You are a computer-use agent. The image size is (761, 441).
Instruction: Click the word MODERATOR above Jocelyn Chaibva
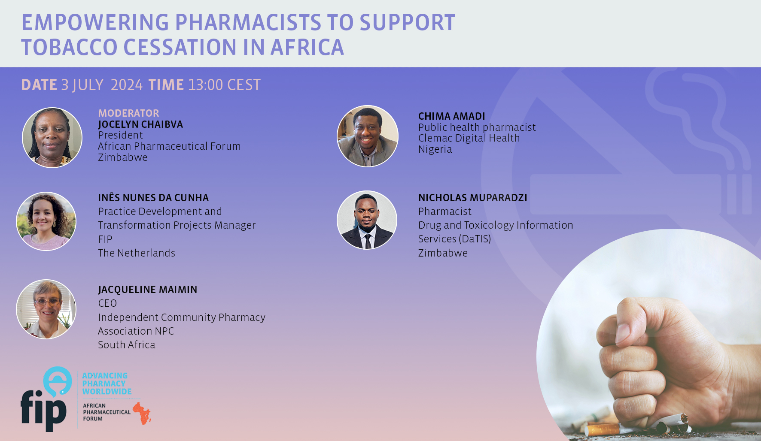click(x=128, y=113)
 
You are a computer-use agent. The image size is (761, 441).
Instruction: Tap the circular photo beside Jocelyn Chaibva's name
click(x=52, y=137)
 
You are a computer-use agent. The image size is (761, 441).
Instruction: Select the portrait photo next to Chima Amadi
click(x=368, y=136)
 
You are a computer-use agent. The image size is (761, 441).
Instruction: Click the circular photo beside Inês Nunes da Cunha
click(x=46, y=221)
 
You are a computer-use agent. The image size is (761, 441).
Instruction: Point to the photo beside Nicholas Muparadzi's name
click(x=367, y=220)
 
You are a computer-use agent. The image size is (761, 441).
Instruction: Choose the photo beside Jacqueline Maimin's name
click(x=46, y=309)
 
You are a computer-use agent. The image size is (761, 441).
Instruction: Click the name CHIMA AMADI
click(x=451, y=116)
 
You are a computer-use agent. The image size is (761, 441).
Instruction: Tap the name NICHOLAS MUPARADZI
click(x=472, y=198)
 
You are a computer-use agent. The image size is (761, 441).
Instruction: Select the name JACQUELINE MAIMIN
click(x=147, y=290)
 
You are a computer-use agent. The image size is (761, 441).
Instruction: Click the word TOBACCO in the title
click(x=69, y=47)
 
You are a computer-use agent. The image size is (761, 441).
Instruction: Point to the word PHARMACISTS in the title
click(x=248, y=22)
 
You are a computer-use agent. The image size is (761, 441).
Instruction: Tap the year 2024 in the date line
click(x=126, y=85)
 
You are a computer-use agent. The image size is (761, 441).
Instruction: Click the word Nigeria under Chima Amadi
click(x=435, y=149)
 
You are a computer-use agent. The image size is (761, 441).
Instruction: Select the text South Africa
click(x=126, y=345)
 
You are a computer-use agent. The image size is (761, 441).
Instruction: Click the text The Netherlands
click(x=136, y=253)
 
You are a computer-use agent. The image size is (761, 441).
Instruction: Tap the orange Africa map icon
click(x=142, y=413)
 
